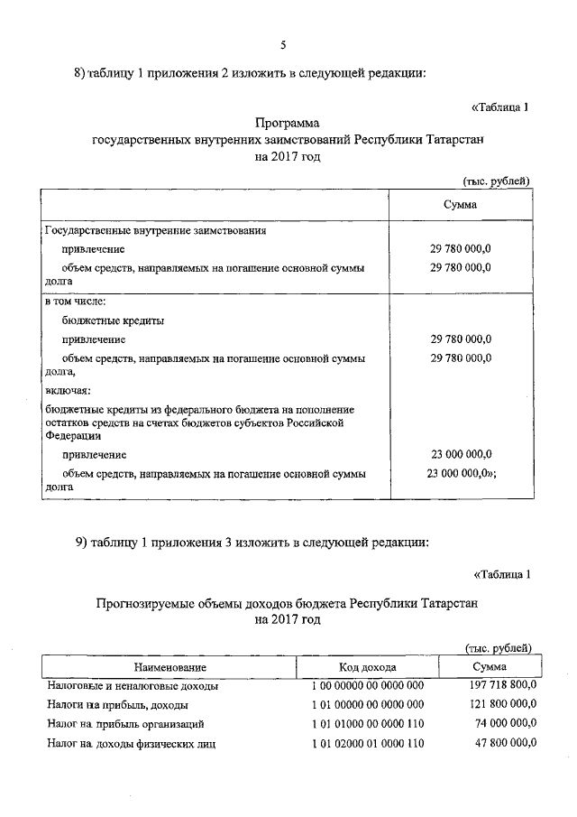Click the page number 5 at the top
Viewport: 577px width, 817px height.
click(x=283, y=45)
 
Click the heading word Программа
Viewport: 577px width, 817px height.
click(x=288, y=123)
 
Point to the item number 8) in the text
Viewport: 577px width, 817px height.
click(x=80, y=74)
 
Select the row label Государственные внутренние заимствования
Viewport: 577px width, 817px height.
click(x=155, y=230)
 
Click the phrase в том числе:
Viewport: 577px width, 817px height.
click(x=76, y=302)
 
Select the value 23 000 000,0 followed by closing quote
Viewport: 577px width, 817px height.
click(x=462, y=472)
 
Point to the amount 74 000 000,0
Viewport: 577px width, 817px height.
click(x=505, y=723)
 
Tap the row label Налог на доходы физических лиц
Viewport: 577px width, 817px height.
click(x=131, y=744)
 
